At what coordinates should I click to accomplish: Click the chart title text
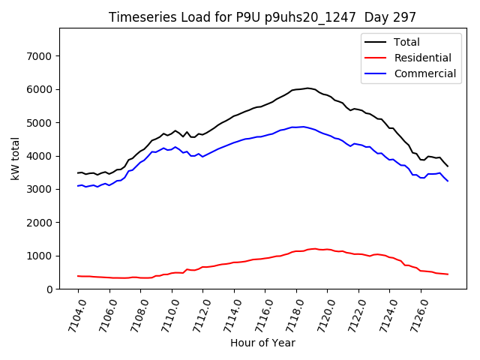pos(262,17)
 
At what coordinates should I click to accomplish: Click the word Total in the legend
pos(406,43)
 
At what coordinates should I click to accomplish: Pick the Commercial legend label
pos(424,73)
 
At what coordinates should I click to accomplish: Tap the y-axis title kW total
pos(15,158)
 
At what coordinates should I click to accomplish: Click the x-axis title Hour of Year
pos(262,343)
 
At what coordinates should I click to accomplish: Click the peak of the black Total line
pos(307,88)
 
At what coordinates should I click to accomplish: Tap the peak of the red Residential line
pos(313,248)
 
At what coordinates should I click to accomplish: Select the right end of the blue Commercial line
pos(448,181)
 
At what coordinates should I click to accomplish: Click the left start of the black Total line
pos(78,173)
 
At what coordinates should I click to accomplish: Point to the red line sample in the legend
pos(376,58)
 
